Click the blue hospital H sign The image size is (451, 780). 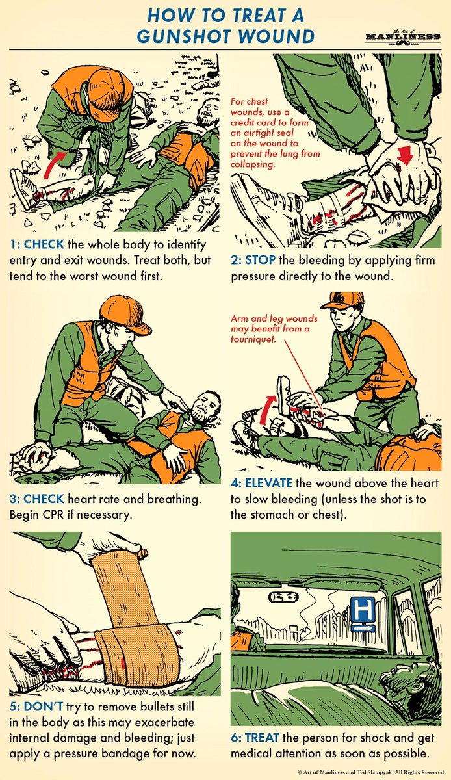[363, 613]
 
